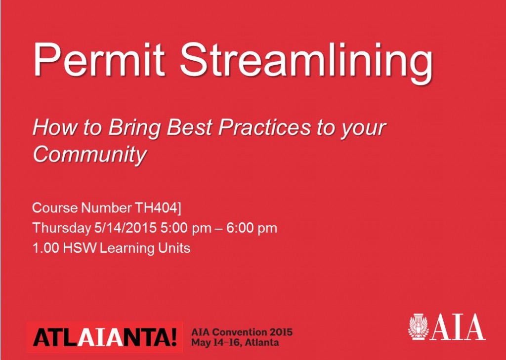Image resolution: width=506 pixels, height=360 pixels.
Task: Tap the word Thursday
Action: [x=62, y=228]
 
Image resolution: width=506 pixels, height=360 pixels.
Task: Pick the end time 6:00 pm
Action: [x=252, y=228]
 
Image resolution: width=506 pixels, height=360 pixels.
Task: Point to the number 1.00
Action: [x=45, y=248]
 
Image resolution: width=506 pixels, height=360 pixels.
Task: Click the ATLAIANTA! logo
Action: [x=105, y=337]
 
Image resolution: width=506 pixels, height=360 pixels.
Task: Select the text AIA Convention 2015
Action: [x=242, y=332]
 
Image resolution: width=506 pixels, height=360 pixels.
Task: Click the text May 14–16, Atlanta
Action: [x=235, y=342]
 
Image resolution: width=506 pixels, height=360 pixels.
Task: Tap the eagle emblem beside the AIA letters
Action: [x=419, y=327]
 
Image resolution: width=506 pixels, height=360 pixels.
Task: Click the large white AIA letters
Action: [x=458, y=327]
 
